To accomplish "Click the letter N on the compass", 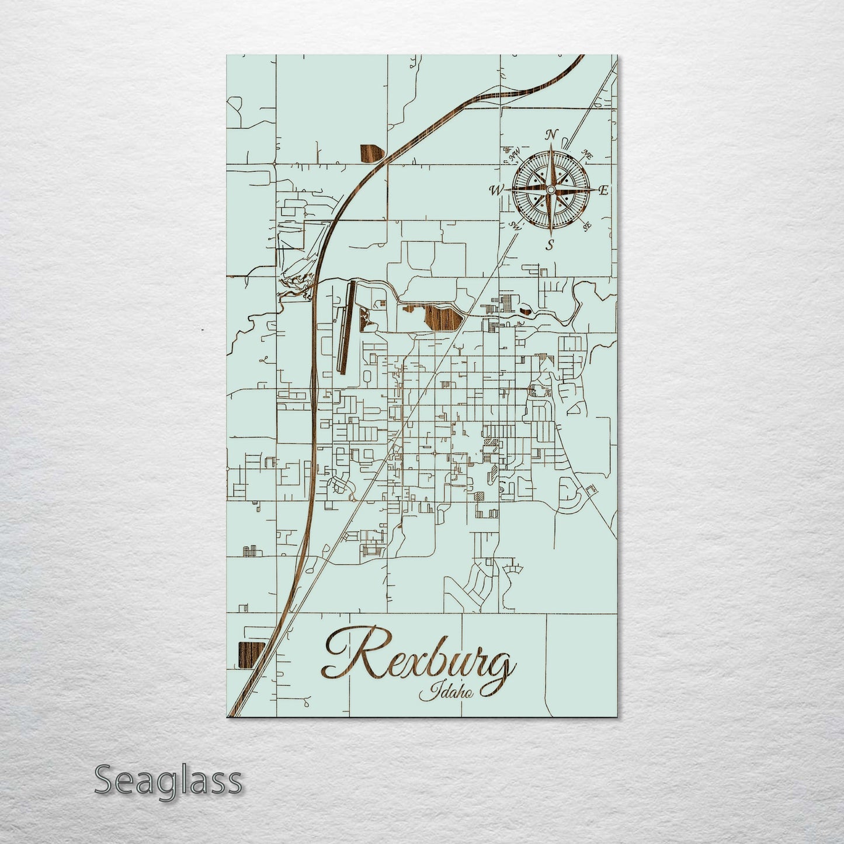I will tap(550, 136).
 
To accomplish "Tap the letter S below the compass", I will tap(550, 245).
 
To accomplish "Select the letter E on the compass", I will tap(604, 190).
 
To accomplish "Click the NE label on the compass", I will tap(587, 155).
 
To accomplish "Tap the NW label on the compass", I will tap(515, 155).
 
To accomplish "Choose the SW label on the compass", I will tap(514, 225).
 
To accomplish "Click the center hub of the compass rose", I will tap(550, 190).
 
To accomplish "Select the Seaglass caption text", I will tap(168, 780).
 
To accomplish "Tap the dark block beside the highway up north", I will tap(371, 153).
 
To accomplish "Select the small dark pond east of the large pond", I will tap(526, 311).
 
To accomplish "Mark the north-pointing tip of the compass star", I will tap(550, 151).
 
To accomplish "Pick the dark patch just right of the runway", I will tap(366, 320).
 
